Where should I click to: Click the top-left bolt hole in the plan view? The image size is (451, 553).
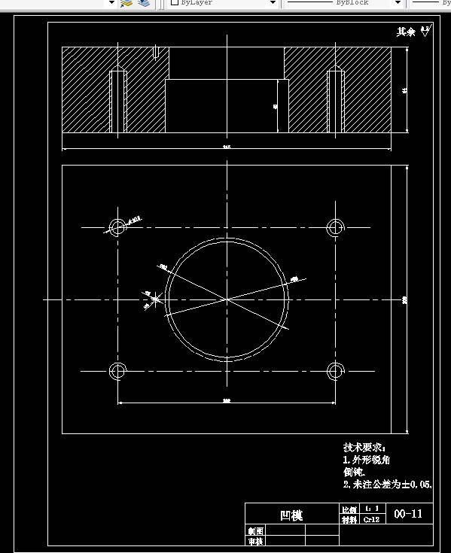[x=117, y=226]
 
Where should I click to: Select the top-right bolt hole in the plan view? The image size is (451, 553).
[x=336, y=226]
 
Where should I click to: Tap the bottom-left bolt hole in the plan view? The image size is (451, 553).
[x=117, y=370]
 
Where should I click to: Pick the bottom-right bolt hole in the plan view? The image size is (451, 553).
[x=336, y=370]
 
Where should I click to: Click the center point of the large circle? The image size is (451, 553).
[x=227, y=299]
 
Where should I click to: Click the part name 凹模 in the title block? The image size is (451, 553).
[x=291, y=515]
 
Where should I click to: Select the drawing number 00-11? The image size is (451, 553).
[x=409, y=514]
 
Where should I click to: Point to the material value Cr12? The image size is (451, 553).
[x=371, y=519]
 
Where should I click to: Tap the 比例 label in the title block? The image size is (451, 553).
[x=349, y=510]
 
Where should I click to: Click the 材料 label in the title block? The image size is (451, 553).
[x=349, y=519]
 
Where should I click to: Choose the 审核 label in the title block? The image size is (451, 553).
[x=256, y=540]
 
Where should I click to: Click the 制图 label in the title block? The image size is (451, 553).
[x=256, y=530]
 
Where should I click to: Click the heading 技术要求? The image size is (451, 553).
[x=363, y=447]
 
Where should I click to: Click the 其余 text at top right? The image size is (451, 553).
[x=406, y=32]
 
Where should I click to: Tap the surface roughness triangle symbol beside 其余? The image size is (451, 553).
[x=425, y=32]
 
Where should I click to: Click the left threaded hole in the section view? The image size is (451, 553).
[x=117, y=102]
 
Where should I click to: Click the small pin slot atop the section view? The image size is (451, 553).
[x=155, y=52]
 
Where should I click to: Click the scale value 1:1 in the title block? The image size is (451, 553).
[x=371, y=509]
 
